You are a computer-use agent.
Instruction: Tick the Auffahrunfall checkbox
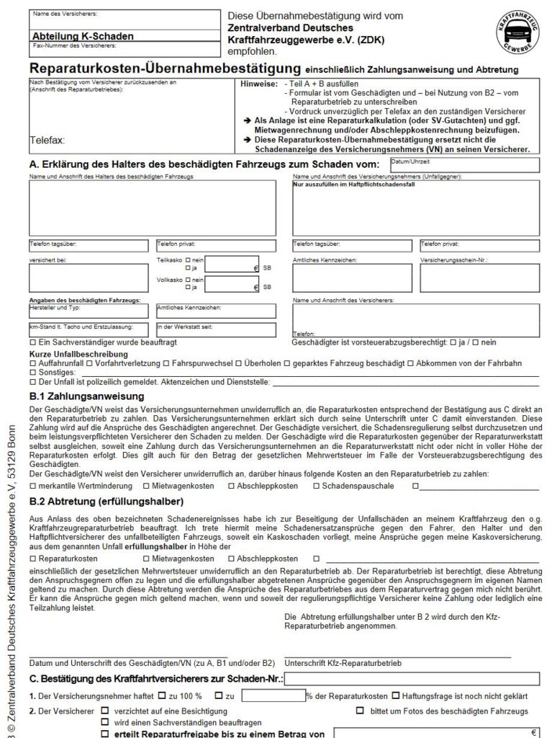point(32,363)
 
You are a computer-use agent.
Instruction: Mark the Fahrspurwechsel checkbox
point(166,363)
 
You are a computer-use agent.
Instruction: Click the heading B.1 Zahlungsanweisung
point(86,396)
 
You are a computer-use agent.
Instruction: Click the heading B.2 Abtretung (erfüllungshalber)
point(107,501)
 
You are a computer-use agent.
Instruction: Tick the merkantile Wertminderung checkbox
point(32,486)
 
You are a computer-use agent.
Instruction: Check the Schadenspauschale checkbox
point(317,486)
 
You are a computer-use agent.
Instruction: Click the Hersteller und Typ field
point(91,311)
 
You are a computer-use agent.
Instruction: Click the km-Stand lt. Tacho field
point(91,329)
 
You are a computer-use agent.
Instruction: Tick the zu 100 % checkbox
point(163,695)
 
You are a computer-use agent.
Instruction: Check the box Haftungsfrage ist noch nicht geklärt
point(396,695)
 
